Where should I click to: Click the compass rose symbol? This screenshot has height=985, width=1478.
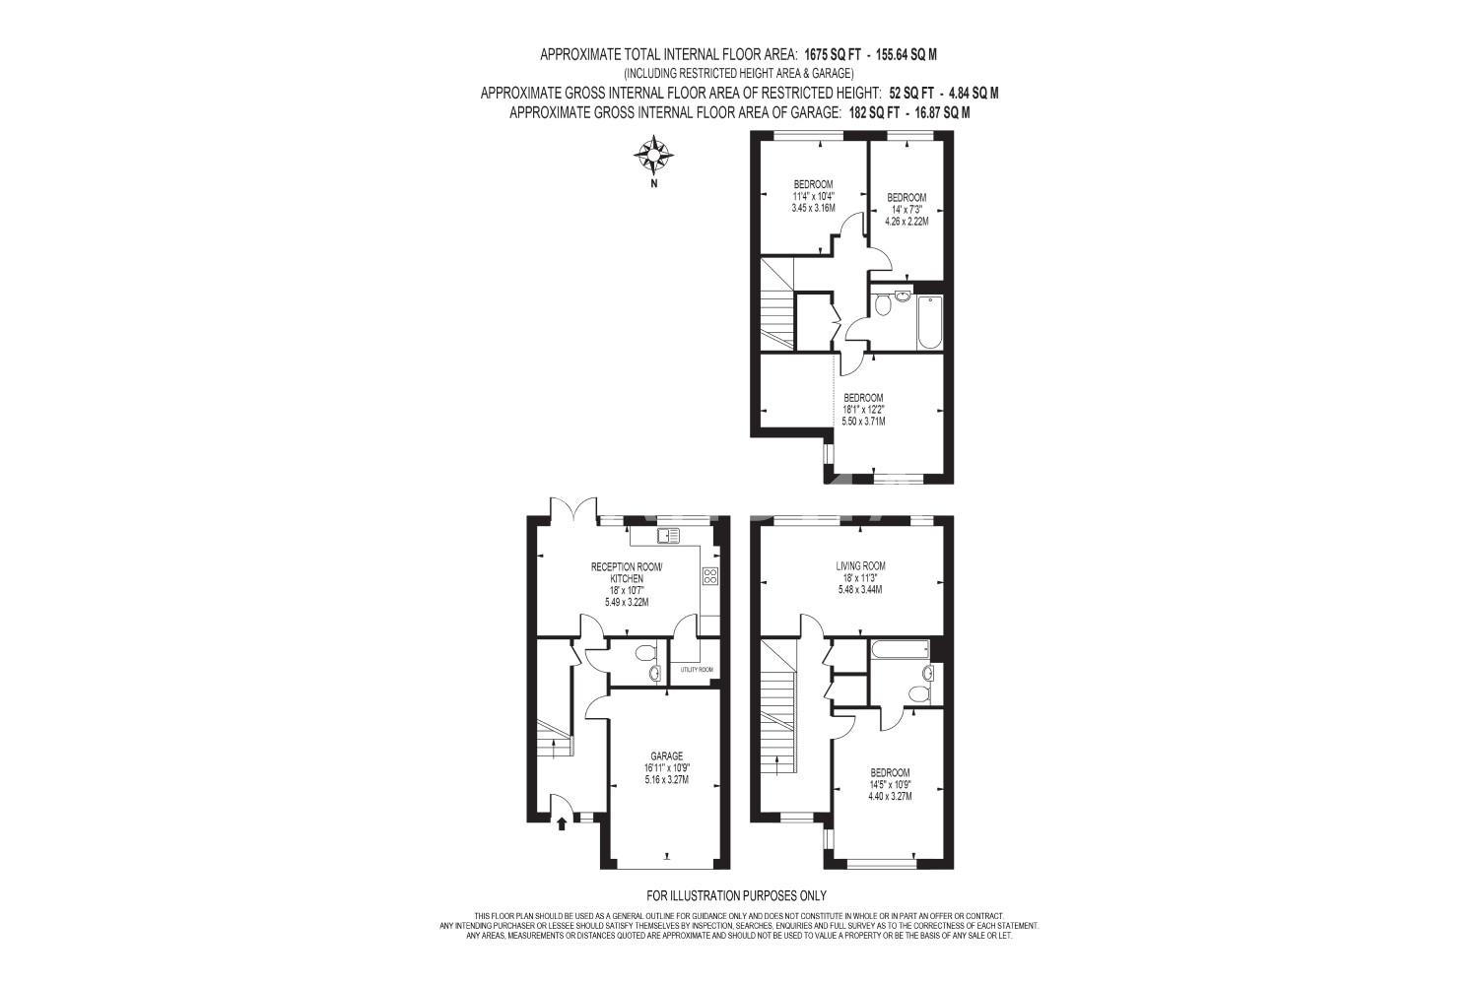pos(653,156)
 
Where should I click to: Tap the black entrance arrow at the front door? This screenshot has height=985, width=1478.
pos(562,823)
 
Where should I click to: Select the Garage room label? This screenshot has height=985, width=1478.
pos(666,756)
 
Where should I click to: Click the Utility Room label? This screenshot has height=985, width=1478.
pos(697,670)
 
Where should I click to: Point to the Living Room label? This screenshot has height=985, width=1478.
pos(860,566)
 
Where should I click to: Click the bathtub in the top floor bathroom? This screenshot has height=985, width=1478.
pos(929,323)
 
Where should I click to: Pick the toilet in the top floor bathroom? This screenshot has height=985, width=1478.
pos(882,304)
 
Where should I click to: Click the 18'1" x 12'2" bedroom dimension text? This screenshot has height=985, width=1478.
pos(864,409)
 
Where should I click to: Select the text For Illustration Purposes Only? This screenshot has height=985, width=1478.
pos(736,896)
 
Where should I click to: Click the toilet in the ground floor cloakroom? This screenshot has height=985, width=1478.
pos(646,653)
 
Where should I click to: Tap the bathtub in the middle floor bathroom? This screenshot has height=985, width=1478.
pos(900,650)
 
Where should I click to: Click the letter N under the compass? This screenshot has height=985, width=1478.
pos(654,184)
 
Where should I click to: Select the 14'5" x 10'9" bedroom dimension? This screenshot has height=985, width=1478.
pos(890,784)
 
